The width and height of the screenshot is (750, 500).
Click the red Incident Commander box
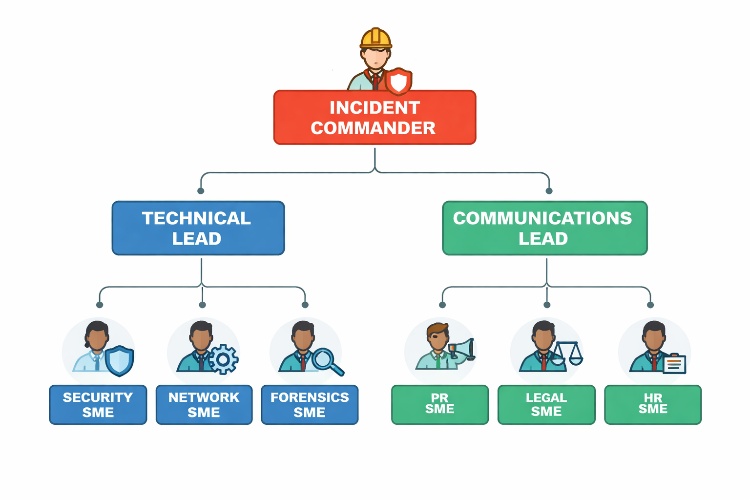coord(375,117)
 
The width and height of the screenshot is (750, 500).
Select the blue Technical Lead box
coord(198,228)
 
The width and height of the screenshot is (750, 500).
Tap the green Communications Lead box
coord(544,228)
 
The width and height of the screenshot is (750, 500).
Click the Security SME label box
coord(98,405)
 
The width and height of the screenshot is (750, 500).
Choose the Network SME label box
coord(204,405)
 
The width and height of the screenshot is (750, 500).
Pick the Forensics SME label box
coord(310,405)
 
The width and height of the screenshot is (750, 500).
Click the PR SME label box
coord(439,405)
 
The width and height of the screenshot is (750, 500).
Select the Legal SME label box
coord(546,405)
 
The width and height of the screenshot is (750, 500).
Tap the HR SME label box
coord(653,405)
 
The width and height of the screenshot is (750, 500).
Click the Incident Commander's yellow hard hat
coord(375,38)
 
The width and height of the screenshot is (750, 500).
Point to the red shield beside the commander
coord(398,81)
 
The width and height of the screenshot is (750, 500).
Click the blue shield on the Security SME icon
coord(120,361)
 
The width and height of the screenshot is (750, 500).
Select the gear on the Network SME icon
coord(223,359)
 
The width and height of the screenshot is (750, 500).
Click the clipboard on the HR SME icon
coord(674,364)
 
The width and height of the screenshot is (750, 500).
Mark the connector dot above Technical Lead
coord(201,191)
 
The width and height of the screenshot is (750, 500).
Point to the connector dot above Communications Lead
coord(549,191)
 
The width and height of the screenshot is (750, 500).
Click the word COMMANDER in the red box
coord(373,128)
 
